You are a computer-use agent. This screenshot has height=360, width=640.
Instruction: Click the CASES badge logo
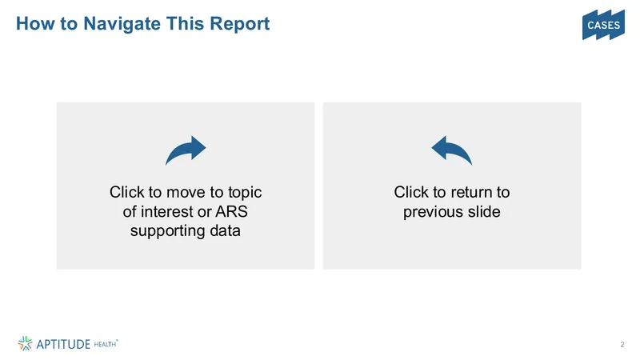(x=603, y=25)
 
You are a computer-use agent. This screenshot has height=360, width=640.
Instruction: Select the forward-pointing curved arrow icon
(x=186, y=150)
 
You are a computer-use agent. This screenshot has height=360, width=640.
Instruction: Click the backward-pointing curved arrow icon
(x=451, y=150)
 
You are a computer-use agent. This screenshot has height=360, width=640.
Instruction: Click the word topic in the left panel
(x=245, y=193)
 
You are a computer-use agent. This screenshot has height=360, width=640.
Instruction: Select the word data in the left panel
(x=225, y=230)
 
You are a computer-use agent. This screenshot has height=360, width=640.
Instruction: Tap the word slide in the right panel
(x=485, y=211)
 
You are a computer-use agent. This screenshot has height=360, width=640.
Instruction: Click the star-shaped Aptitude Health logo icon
(x=25, y=344)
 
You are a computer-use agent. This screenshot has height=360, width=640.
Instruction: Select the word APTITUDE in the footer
(x=63, y=344)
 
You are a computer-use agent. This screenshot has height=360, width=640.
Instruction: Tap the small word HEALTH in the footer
(x=105, y=344)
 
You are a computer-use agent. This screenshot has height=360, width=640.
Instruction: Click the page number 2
(x=622, y=345)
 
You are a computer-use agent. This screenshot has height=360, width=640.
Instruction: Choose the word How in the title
(x=35, y=24)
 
